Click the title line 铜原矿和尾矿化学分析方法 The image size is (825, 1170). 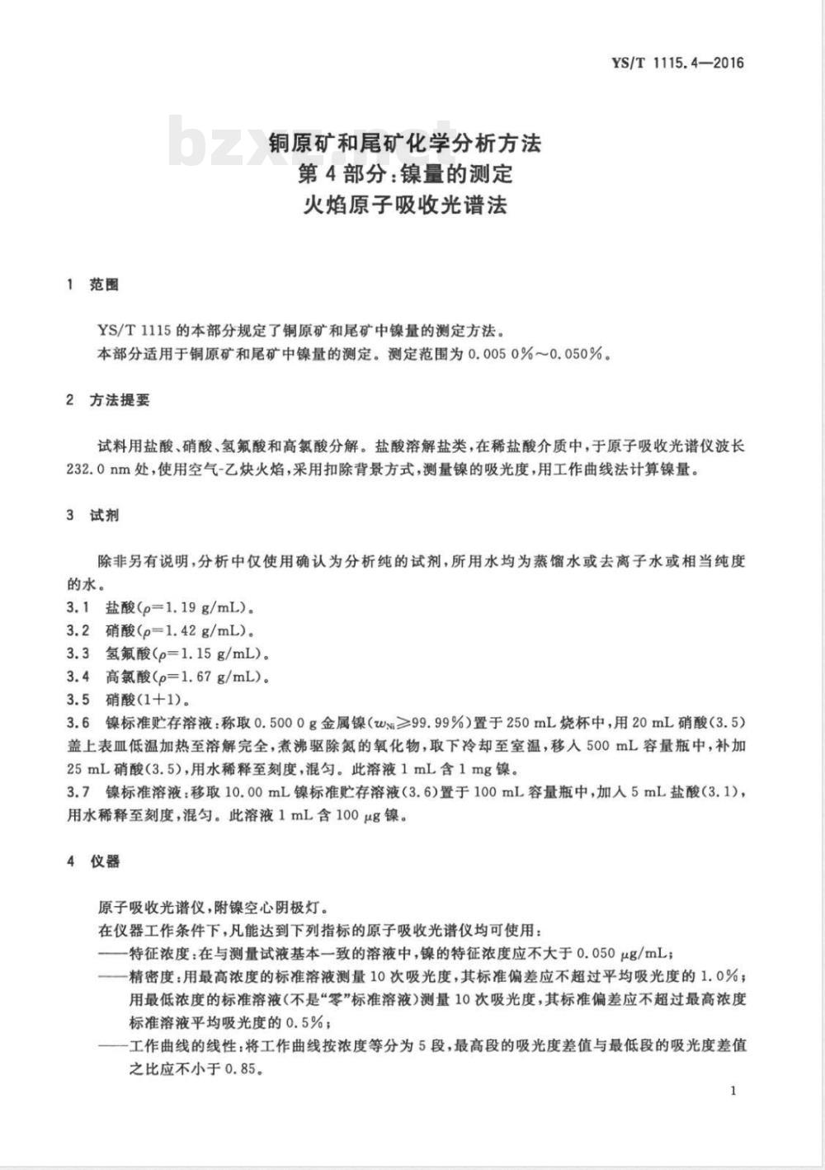pyautogui.click(x=405, y=143)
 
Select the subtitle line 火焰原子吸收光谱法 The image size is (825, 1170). pyautogui.click(x=405, y=204)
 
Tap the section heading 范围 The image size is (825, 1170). pyautogui.click(x=105, y=285)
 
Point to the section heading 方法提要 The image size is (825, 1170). pyautogui.click(x=120, y=400)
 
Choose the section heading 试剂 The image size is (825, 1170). pyautogui.click(x=105, y=516)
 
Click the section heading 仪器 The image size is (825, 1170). pyautogui.click(x=106, y=861)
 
